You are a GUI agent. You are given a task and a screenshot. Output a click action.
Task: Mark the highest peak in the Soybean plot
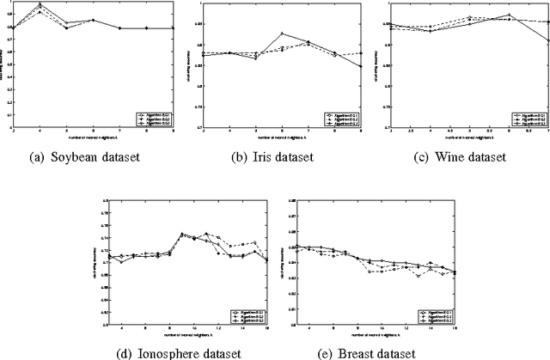click(40, 5)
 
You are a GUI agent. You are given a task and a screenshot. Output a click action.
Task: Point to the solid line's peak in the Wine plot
click(510, 15)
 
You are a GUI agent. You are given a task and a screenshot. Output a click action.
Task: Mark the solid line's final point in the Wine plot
click(547, 40)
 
